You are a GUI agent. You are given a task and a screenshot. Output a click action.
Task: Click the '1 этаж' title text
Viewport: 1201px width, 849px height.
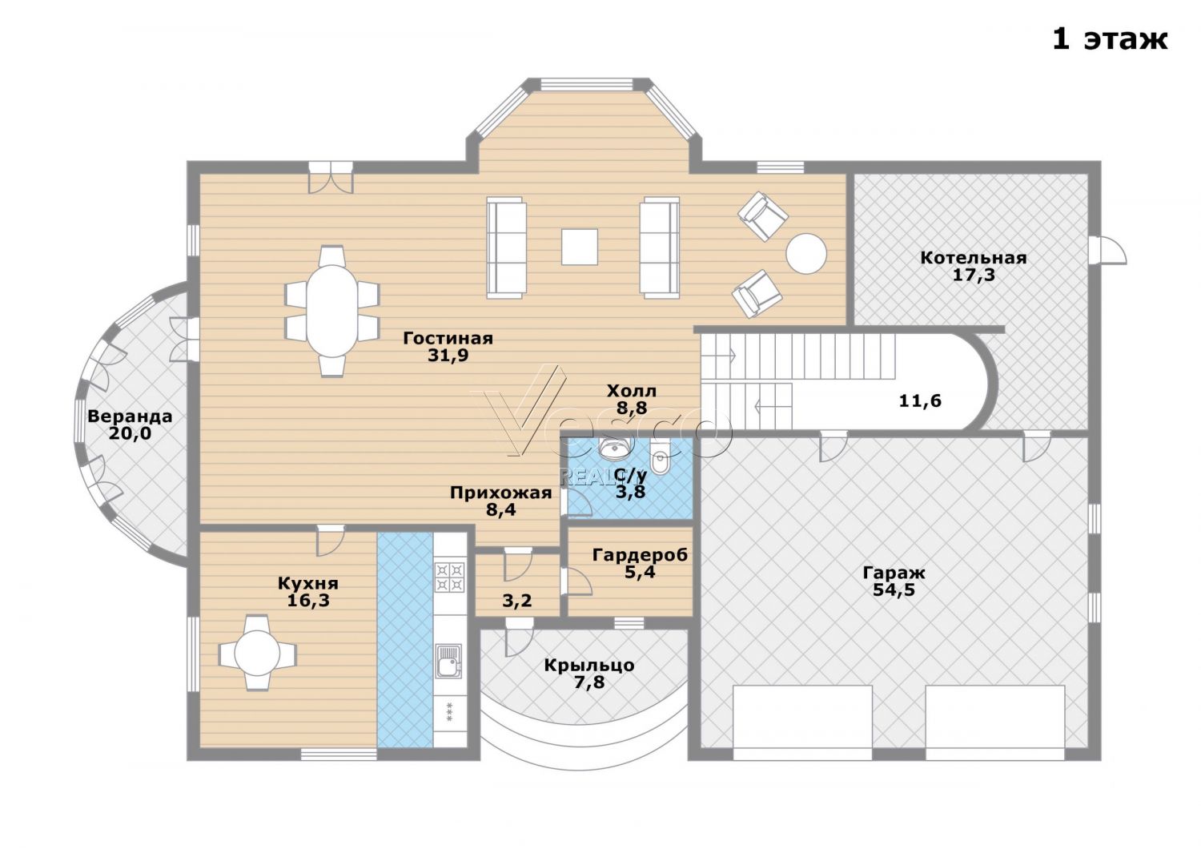point(1109,40)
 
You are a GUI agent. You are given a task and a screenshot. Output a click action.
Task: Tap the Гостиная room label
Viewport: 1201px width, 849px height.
point(448,339)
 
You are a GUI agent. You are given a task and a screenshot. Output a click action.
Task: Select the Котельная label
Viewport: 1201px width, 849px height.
point(974,258)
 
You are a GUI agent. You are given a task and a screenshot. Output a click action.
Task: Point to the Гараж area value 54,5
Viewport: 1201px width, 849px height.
point(894,590)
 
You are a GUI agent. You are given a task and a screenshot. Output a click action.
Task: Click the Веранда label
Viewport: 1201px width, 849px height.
point(130,416)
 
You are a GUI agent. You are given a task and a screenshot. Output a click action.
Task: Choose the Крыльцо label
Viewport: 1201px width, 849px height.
point(589,666)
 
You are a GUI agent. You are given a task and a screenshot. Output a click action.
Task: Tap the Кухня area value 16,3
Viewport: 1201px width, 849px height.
point(308,600)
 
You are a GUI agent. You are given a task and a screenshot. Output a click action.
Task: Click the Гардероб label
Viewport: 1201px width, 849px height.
point(641,555)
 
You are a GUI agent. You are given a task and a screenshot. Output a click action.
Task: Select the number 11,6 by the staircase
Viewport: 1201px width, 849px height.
point(920,401)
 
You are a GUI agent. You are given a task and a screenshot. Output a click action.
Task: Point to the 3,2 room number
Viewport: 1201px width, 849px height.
point(517,601)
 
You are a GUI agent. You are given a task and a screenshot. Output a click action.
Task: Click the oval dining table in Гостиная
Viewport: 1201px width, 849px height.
point(332,311)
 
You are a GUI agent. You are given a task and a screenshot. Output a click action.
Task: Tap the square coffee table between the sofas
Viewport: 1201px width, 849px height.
point(580,247)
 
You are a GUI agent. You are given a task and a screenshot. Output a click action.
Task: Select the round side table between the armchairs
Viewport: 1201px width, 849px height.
point(806,254)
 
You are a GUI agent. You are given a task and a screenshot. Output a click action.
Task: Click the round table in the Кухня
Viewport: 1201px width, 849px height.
point(257,654)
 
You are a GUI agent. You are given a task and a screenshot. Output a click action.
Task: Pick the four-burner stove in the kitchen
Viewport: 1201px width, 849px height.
point(450,577)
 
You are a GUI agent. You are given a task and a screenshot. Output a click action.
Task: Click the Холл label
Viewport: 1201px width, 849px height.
point(632,391)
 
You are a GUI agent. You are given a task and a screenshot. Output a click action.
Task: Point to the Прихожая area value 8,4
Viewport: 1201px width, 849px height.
point(501,509)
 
